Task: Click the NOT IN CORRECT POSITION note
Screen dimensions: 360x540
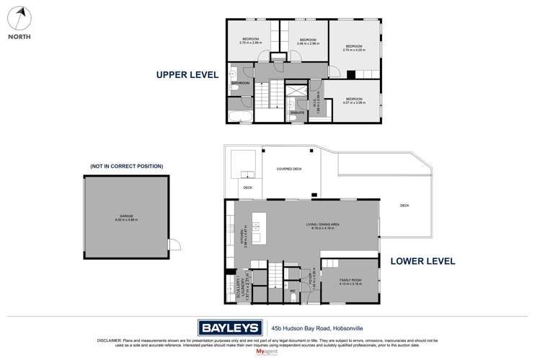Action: click(126, 166)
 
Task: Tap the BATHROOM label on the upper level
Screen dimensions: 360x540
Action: click(240, 83)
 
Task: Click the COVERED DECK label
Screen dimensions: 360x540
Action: click(290, 168)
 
